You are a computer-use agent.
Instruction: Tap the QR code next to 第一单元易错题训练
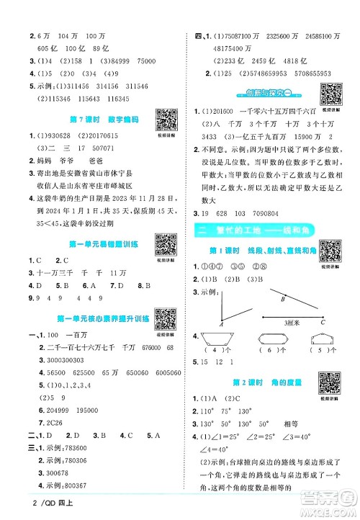coord(158,243)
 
